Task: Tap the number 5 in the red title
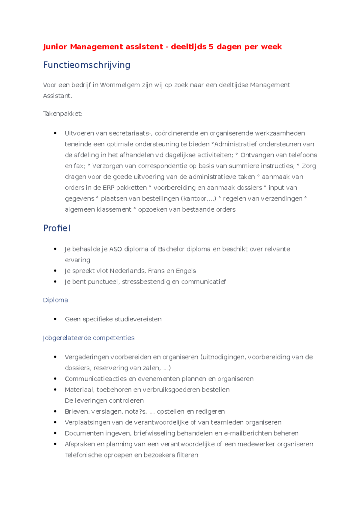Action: [x=211, y=47]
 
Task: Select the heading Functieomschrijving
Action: [x=87, y=65]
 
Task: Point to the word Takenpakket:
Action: [x=63, y=114]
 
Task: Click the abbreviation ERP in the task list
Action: [x=108, y=188]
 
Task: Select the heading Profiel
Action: [x=57, y=228]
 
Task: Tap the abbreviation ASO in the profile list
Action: [x=115, y=249]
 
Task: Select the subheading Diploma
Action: [x=55, y=300]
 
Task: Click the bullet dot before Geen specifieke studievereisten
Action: [x=55, y=319]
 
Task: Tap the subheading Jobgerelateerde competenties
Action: [x=88, y=338]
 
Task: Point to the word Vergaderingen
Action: [x=87, y=357]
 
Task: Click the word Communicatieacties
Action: [x=96, y=379]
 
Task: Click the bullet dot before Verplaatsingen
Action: [x=55, y=422]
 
